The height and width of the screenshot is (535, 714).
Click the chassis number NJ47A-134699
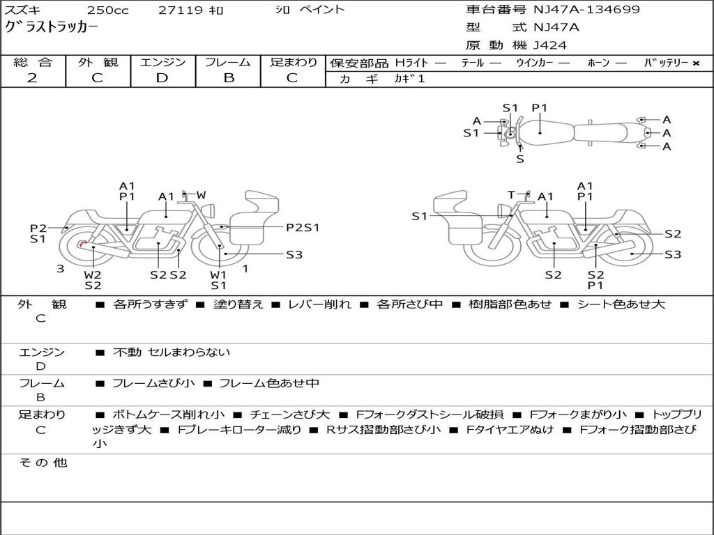point(586,10)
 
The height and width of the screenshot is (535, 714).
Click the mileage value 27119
point(181,10)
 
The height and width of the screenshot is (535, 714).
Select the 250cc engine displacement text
point(102,10)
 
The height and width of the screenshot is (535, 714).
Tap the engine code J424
point(550,45)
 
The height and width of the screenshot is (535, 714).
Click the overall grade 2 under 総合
point(32,78)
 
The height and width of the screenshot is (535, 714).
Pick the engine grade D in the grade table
point(162,78)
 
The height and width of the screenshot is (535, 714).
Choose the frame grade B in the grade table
point(229,78)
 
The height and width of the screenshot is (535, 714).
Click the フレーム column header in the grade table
point(228,62)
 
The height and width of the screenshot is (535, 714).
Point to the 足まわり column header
point(294,62)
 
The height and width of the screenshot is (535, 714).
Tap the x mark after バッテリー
point(696,63)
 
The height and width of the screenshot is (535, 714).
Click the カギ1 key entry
point(409,79)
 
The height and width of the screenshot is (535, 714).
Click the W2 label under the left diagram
point(93,274)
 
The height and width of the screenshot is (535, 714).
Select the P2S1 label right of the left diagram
point(303,227)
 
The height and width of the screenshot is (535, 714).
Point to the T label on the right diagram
point(511,195)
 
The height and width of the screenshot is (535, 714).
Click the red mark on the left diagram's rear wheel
point(83,244)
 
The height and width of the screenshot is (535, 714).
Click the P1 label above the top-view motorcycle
point(540,108)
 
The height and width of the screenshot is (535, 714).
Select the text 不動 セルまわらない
point(172,352)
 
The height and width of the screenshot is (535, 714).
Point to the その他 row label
point(43,463)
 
